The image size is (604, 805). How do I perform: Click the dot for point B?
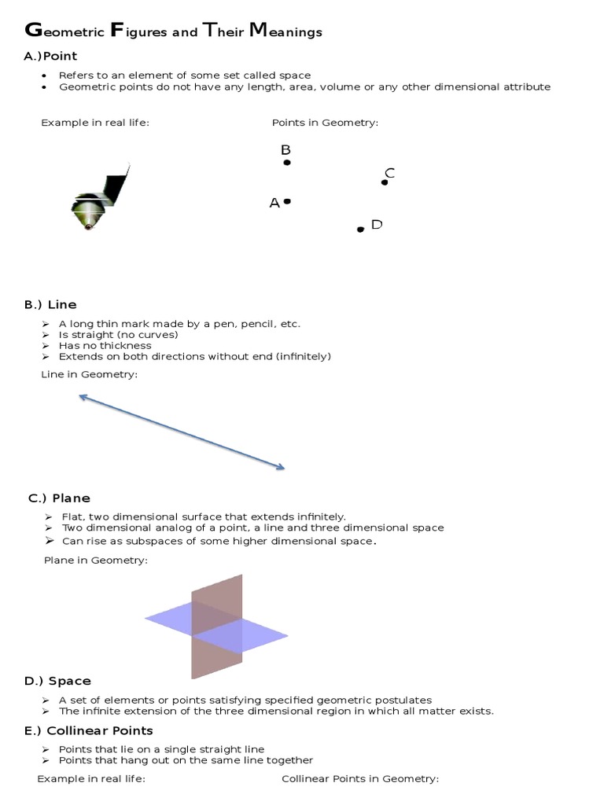point(287,163)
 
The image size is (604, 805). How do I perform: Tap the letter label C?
point(389,173)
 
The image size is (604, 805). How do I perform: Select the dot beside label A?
point(288,202)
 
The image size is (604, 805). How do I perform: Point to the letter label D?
point(377,225)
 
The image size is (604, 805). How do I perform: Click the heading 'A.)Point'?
point(50,56)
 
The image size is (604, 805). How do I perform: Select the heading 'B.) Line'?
point(50,304)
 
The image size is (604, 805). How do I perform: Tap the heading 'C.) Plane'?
point(59,498)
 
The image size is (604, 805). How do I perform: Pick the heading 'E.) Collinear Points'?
point(89,730)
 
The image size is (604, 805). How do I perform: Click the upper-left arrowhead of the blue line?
point(82,398)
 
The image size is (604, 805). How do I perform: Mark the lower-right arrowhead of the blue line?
point(281,468)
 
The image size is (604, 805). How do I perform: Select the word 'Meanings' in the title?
point(285,32)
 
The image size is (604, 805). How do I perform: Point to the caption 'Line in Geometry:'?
point(89,374)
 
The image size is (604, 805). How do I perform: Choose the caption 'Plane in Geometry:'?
point(95,560)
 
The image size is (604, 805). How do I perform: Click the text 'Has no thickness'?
point(105,345)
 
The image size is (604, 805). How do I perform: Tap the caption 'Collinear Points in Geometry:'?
point(360,778)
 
